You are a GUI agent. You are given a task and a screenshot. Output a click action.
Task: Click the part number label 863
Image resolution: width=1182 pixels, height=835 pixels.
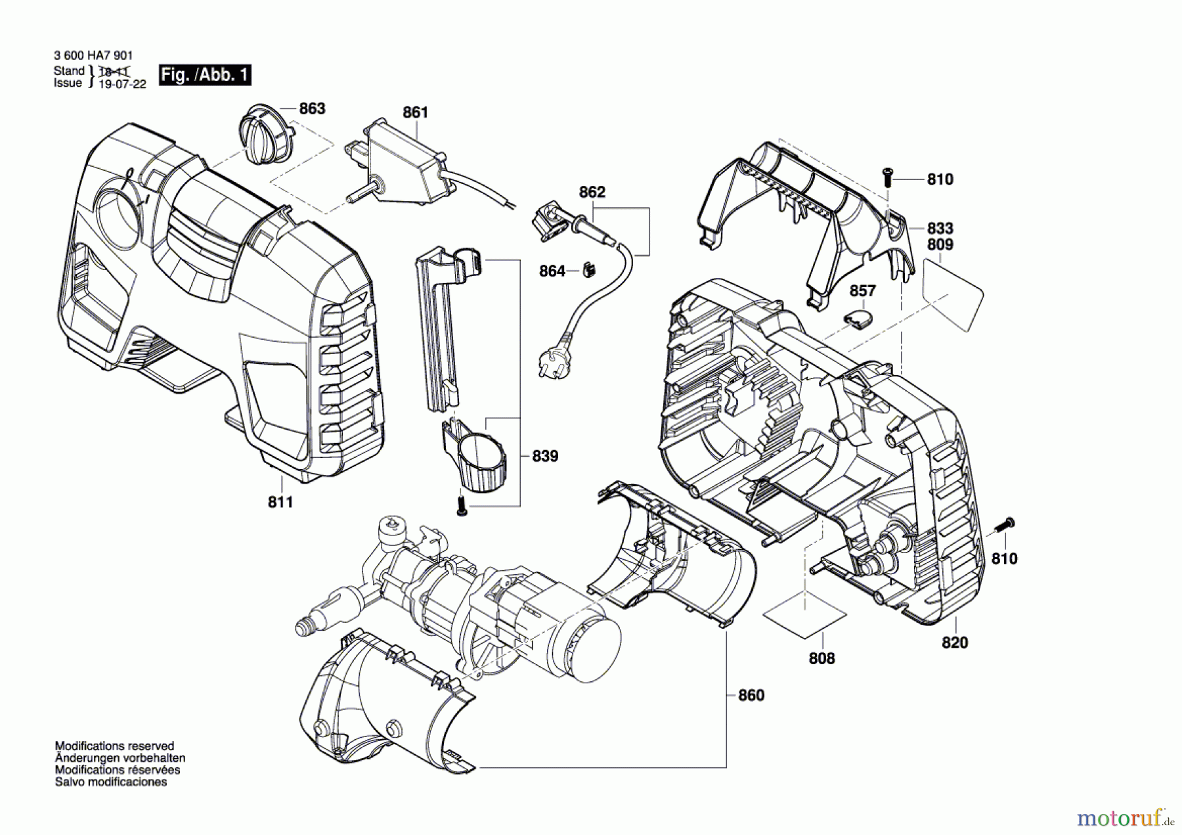click(x=312, y=108)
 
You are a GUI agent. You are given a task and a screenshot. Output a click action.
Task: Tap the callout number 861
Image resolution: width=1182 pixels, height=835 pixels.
click(x=415, y=112)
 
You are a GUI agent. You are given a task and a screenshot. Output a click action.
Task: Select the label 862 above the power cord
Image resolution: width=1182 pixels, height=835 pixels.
click(x=592, y=192)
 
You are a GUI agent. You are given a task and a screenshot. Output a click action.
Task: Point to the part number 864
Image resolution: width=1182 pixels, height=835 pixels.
click(x=552, y=271)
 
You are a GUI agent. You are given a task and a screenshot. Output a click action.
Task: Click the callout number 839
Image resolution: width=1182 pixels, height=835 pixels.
click(x=545, y=455)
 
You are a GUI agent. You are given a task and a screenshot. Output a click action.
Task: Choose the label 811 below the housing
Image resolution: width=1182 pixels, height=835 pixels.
click(x=280, y=502)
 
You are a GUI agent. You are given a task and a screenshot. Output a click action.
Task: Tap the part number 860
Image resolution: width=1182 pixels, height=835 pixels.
click(x=751, y=695)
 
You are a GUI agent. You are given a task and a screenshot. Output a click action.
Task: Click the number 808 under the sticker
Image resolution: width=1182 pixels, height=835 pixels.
click(x=821, y=658)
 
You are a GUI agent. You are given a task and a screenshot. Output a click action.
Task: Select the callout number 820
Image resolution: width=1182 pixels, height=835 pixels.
click(x=955, y=643)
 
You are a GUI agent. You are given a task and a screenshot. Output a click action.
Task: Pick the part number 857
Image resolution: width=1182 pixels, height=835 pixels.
click(x=863, y=290)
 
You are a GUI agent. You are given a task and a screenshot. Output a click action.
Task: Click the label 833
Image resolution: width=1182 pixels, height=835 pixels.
click(x=940, y=228)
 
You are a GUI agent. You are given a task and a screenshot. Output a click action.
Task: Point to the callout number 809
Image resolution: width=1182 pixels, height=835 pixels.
click(x=940, y=244)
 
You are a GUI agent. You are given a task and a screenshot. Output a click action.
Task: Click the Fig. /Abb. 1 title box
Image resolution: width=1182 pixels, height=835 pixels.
click(x=205, y=75)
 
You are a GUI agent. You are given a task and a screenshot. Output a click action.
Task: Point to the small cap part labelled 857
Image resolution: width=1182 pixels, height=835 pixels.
click(x=859, y=319)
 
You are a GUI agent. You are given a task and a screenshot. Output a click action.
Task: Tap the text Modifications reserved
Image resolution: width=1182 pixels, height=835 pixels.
click(x=114, y=746)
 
